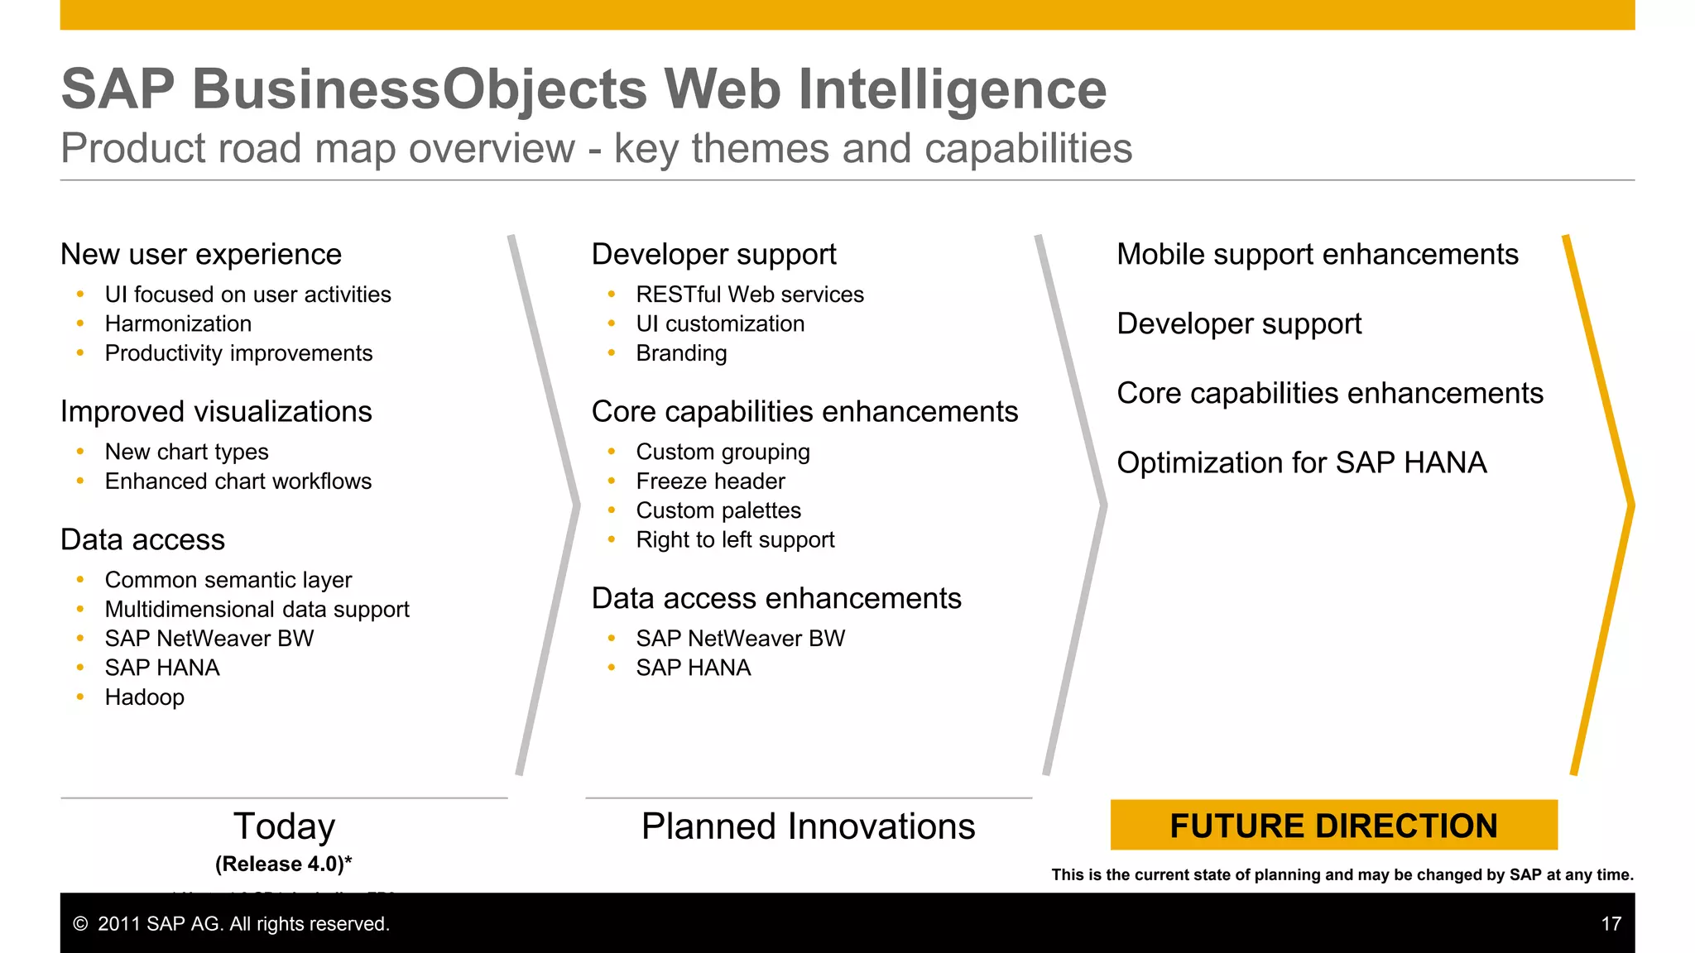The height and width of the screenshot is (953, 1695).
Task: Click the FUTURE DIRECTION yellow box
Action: tap(1333, 825)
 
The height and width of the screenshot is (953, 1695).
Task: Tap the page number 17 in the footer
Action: tap(1611, 924)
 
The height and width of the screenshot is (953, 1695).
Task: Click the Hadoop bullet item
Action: tap(145, 697)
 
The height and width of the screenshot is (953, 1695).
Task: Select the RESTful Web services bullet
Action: tap(749, 295)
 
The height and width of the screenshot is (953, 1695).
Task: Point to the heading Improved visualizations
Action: tap(216, 412)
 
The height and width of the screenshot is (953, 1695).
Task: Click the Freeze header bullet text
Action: tap(710, 481)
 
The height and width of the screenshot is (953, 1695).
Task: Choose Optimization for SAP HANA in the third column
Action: tap(1301, 462)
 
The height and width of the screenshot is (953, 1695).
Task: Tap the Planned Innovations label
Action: tap(808, 826)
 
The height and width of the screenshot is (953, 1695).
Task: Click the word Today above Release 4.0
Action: tap(284, 826)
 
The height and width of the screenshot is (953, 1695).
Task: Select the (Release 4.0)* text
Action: tap(284, 864)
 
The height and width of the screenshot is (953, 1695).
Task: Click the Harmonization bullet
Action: tap(178, 324)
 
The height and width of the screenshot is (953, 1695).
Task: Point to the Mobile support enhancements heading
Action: tap(1317, 255)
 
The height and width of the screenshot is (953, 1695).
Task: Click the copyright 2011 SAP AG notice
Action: tap(232, 924)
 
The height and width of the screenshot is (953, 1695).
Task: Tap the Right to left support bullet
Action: tap(735, 540)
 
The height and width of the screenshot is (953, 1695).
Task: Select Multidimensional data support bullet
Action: tap(257, 610)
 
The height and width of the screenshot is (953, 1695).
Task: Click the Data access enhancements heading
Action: tap(776, 599)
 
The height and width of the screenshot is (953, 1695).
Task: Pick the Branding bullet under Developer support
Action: tap(681, 353)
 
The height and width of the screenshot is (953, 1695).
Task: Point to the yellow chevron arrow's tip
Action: tap(1630, 505)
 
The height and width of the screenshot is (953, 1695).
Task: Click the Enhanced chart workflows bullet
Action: tap(238, 481)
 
